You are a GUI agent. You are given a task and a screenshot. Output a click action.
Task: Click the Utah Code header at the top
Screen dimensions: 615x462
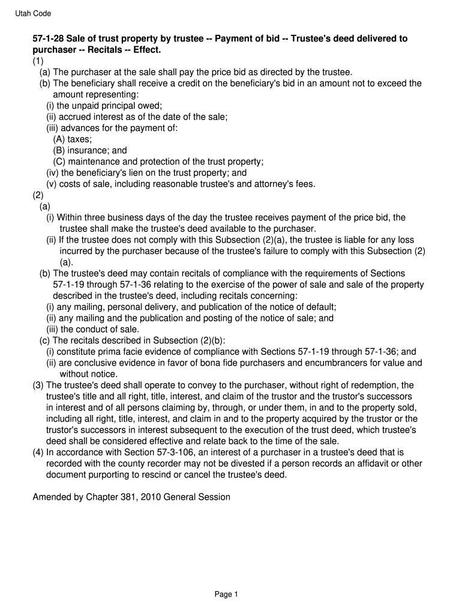[x=33, y=13]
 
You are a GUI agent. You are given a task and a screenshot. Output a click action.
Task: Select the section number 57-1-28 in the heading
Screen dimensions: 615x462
[x=47, y=39]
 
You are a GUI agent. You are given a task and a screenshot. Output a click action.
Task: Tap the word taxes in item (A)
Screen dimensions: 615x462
[x=79, y=139]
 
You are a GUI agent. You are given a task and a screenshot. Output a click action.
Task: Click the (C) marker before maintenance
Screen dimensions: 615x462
[x=59, y=162]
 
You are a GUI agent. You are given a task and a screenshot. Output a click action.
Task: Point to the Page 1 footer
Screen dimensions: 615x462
[x=227, y=595]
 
